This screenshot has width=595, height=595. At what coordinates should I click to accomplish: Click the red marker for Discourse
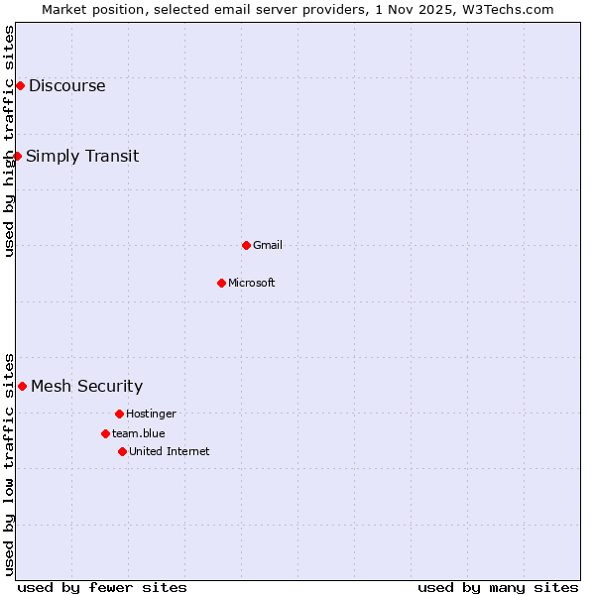pos(20,86)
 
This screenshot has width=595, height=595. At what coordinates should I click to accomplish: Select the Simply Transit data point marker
pos(17,156)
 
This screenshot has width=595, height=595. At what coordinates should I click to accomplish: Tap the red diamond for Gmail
pos(246,245)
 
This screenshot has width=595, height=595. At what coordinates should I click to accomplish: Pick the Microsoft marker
pos(221,283)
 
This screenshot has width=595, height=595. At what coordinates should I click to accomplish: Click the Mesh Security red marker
pos(22,386)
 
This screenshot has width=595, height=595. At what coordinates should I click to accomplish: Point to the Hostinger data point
pos(119,414)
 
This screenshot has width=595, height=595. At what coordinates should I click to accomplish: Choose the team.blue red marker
pos(105,433)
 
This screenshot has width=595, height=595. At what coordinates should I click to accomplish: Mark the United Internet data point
pos(122,451)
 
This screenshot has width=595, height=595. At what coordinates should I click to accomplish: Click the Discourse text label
pos(66,86)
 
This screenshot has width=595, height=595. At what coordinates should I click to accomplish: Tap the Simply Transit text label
pos(82,157)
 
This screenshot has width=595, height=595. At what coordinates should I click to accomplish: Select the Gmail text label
pos(268,245)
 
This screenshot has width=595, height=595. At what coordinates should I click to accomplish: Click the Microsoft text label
pos(252,283)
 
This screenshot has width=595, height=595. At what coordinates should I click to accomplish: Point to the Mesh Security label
pos(86,387)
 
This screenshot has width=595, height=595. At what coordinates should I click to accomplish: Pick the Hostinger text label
pos(151,414)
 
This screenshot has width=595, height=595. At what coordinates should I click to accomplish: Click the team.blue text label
pos(139,433)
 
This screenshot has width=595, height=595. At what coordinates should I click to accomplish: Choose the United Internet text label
pos(170,451)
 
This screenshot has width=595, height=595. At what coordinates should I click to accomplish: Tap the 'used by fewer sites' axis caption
pos(102,587)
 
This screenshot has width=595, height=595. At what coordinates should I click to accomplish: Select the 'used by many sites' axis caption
pos(498,587)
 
